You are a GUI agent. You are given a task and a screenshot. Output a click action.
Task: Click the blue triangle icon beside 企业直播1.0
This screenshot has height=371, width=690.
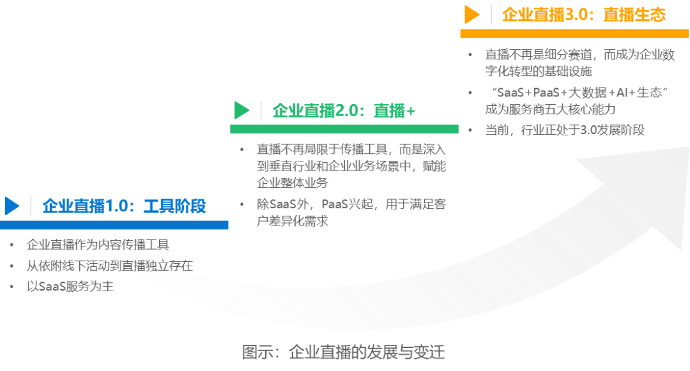click(x=12, y=205)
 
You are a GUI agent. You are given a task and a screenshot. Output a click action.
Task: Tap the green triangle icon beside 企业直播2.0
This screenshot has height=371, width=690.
click(x=242, y=110)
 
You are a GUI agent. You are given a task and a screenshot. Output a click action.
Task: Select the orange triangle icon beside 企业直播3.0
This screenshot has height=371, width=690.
click(x=472, y=14)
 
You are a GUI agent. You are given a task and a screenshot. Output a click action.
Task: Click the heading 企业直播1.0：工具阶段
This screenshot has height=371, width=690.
click(x=125, y=206)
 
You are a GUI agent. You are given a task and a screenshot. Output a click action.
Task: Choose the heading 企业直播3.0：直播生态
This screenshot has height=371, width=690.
click(x=583, y=15)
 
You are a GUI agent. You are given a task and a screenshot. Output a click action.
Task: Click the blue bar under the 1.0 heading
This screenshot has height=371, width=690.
click(x=114, y=225)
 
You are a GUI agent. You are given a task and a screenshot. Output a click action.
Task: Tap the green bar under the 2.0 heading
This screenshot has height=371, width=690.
click(x=344, y=129)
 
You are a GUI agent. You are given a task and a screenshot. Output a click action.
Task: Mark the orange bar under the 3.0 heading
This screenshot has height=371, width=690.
click(x=574, y=33)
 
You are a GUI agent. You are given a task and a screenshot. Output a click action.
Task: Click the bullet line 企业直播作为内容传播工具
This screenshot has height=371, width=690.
click(x=97, y=245)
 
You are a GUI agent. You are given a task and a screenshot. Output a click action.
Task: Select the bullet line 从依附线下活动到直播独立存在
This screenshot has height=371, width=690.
click(x=109, y=266)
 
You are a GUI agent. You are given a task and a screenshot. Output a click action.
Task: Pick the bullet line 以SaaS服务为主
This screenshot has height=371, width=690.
click(x=70, y=287)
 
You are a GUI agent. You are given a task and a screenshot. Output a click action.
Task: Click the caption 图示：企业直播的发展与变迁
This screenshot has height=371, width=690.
click(x=343, y=352)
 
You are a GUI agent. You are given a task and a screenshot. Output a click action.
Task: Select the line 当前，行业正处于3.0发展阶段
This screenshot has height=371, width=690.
click(x=565, y=130)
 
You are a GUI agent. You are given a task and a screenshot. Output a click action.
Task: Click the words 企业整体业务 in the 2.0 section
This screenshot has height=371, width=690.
click(x=292, y=183)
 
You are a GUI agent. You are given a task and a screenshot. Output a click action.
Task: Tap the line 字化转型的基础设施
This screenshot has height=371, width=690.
click(x=539, y=71)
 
